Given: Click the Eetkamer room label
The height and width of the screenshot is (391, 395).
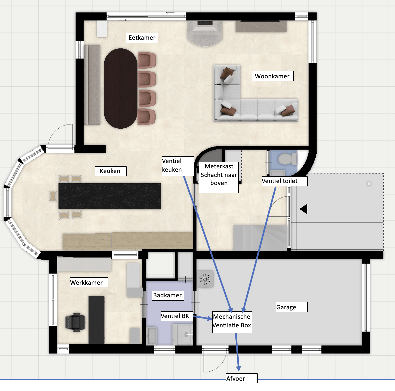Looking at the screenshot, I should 142,38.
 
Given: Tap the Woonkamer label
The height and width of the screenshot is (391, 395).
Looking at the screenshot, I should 272,76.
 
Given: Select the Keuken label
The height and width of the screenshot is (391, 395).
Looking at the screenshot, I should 110,171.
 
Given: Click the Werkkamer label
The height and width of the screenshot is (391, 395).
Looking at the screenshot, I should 89,282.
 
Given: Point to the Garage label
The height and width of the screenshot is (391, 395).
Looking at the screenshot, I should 291,307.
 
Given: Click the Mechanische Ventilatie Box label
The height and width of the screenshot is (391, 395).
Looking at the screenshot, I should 232,321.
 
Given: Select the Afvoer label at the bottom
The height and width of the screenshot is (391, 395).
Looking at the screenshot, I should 241,378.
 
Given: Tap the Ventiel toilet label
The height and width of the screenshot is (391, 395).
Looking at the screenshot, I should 284,181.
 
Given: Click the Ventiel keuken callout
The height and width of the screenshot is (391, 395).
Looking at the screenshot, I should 178,166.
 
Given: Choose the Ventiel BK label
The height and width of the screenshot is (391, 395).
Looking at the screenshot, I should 176,316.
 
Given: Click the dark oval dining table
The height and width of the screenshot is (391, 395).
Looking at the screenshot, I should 121,88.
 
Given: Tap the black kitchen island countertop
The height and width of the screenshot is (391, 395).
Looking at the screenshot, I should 110,196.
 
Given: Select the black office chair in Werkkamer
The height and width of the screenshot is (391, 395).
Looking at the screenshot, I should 76,322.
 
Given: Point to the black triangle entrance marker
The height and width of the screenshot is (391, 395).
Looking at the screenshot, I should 304,209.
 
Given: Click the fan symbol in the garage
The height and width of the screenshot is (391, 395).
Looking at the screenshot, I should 205,279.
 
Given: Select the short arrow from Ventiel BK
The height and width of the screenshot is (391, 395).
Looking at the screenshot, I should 203,318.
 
